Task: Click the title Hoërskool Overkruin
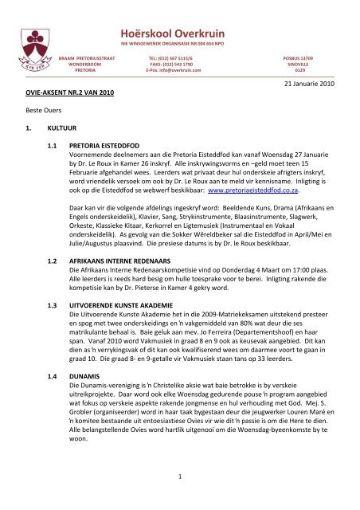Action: pyautogui.click(x=181, y=25)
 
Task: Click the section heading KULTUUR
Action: pyautogui.click(x=65, y=131)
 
